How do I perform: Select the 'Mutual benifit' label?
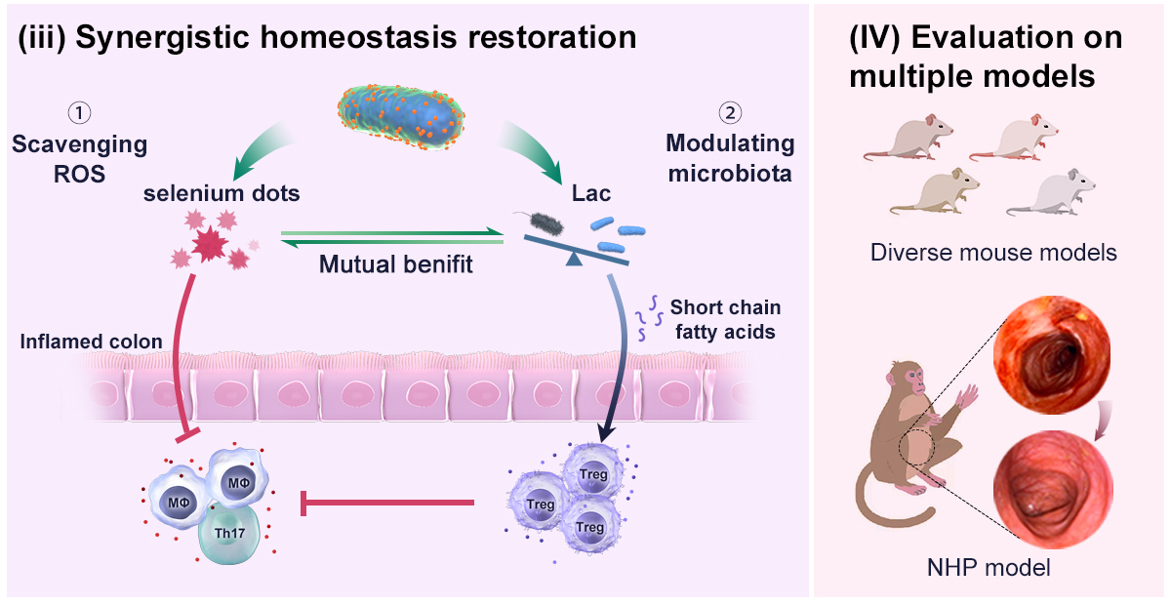coord(397,263)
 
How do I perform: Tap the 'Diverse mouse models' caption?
coord(992,253)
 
